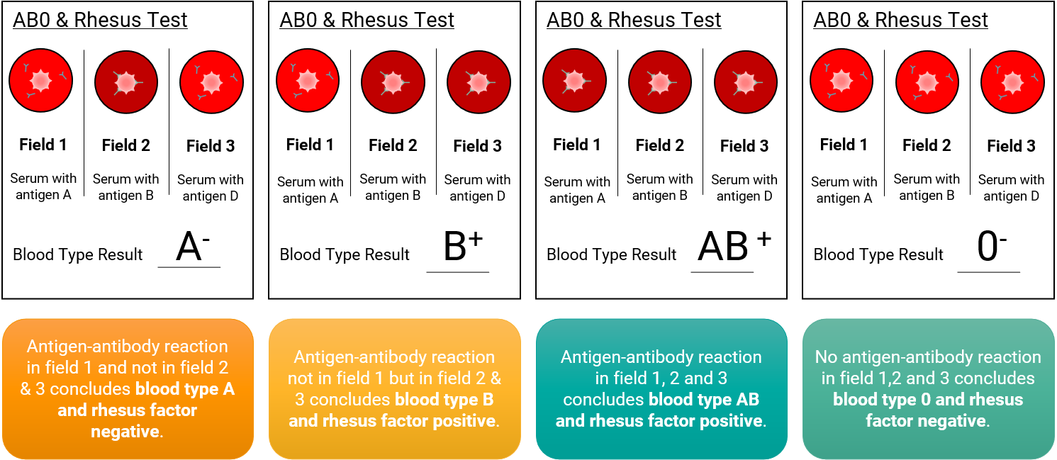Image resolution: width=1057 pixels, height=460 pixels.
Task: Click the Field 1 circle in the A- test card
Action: [x=41, y=80]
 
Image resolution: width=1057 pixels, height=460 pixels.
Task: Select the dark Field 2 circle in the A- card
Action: [x=126, y=82]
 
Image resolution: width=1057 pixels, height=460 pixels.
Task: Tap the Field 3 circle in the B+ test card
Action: [x=479, y=82]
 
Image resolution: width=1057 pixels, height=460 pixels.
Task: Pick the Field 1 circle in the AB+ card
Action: [x=574, y=80]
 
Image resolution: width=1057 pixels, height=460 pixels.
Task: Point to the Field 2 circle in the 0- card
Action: [x=927, y=82]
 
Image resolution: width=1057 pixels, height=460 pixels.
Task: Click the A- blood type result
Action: [x=193, y=246]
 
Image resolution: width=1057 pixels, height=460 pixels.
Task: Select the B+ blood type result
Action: [x=463, y=246]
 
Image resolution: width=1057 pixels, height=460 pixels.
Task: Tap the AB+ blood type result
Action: [x=734, y=246]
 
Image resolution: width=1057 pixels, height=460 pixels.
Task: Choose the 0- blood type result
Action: [x=991, y=246]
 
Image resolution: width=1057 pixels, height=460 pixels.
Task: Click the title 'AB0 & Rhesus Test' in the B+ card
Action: [x=367, y=20]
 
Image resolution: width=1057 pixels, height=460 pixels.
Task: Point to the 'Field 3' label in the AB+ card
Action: [x=744, y=146]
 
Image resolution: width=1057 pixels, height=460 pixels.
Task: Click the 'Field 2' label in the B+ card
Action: [x=393, y=145]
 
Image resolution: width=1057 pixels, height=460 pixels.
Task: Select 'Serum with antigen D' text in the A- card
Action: [x=211, y=188]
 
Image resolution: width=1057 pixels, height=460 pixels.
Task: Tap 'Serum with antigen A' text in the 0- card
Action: [x=844, y=190]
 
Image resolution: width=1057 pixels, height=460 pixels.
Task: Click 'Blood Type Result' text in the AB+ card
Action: [x=612, y=254]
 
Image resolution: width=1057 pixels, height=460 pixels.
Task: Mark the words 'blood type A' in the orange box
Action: [x=185, y=389]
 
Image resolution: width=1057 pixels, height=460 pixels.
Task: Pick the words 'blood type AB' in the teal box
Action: [x=704, y=400]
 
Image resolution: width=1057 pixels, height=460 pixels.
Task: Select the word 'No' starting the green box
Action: [x=826, y=357]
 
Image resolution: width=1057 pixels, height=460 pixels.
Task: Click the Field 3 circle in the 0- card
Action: [x=1012, y=82]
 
